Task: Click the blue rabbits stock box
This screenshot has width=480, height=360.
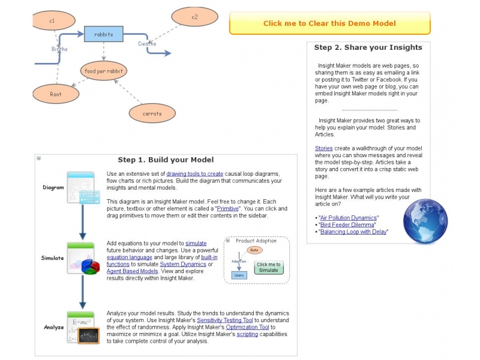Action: (104, 34)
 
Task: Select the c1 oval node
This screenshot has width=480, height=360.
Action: (53, 21)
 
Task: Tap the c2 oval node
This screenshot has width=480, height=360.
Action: (194, 17)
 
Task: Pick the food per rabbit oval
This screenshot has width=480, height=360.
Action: (104, 71)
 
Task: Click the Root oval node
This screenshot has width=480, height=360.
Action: (56, 94)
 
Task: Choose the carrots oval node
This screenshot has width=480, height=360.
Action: (152, 113)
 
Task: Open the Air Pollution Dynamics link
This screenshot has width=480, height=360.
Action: (348, 217)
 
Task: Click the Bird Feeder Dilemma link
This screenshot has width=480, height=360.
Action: (346, 224)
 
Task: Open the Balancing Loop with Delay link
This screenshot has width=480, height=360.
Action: (353, 232)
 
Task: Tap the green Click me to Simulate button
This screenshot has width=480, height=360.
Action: (269, 267)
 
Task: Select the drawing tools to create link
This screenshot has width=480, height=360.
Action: (194, 173)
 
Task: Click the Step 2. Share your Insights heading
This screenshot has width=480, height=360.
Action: (368, 47)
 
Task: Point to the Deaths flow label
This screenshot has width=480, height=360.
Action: (147, 44)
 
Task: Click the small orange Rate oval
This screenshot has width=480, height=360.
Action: (254, 250)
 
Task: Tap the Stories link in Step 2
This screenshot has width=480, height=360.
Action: (324, 148)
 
